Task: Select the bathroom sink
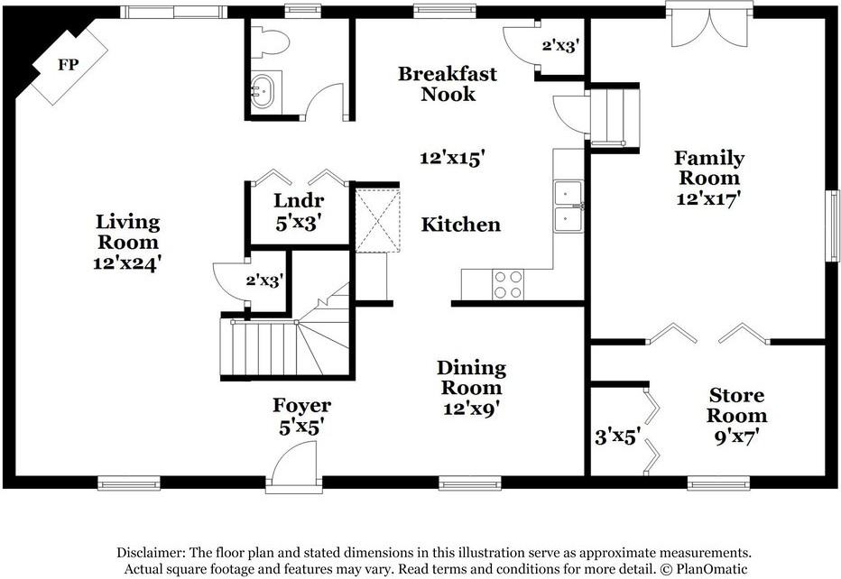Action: coord(263,92)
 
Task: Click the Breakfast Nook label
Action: coord(448,83)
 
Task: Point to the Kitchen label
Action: coord(460,225)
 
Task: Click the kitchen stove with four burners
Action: coord(508,284)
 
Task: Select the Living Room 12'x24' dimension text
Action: coord(126,263)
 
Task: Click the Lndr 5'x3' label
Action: coord(298,209)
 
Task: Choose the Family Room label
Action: coord(709,168)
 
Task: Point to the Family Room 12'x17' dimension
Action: coord(709,199)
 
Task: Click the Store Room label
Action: coord(736,405)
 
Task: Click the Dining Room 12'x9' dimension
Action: coord(471,408)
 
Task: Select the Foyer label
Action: coord(301,406)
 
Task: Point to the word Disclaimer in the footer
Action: coord(153,552)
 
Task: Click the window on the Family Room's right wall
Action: coord(832,225)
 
